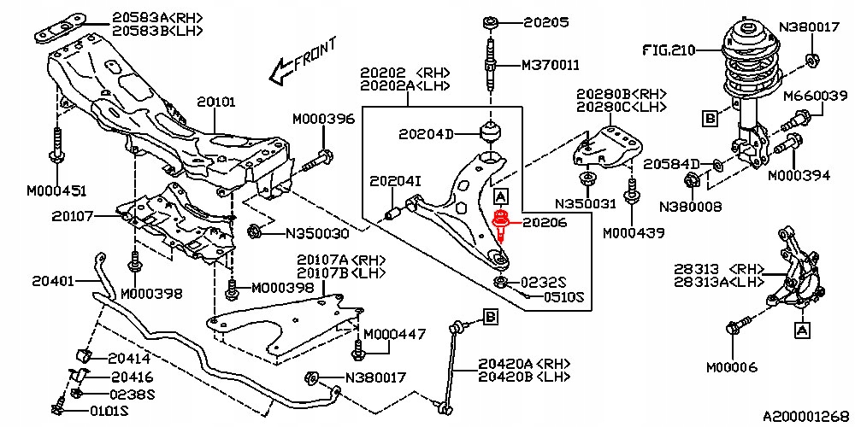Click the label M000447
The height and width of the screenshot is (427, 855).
pyautogui.click(x=394, y=334)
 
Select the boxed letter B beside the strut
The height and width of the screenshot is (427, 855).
pyautogui.click(x=710, y=118)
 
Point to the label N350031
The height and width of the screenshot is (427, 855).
pyautogui.click(x=585, y=204)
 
